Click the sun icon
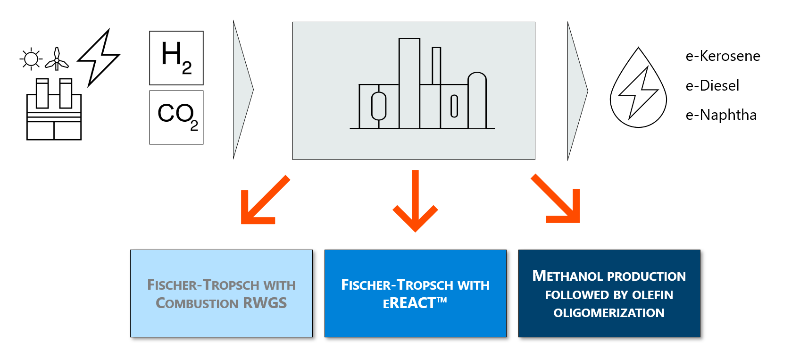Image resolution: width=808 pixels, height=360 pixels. pos(31,59)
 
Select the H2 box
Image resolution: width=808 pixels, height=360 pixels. pos(176,58)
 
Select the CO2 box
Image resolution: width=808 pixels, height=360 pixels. pos(176,117)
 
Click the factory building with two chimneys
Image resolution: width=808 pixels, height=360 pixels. pos(54,111)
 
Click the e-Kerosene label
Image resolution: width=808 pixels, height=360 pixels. pos(723,56)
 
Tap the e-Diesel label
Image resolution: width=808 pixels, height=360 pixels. pos(712,85)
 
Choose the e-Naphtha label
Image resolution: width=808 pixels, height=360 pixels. pos(721,115)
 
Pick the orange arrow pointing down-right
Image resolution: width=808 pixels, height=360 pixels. pos(558,200)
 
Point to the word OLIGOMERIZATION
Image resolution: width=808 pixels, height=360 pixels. pos(608,313)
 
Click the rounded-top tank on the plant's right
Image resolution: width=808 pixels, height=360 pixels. pos(477,100)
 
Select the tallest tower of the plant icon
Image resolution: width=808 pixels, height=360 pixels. pos(409,83)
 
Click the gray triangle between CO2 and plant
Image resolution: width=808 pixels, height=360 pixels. pos(242,90)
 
